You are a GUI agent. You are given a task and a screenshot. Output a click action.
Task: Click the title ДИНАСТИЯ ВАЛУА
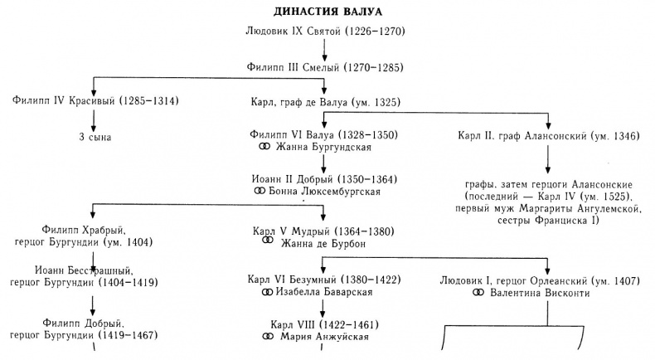[325, 12]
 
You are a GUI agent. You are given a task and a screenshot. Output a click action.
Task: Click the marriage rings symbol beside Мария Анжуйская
[266, 337]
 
